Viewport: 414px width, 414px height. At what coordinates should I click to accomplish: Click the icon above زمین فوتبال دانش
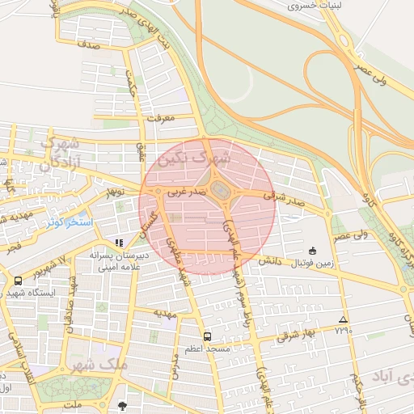point(313,251)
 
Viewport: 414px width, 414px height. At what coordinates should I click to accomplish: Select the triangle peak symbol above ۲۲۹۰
point(344,319)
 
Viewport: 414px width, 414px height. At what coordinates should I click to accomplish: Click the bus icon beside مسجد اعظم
point(208,336)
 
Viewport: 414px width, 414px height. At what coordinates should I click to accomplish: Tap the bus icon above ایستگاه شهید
point(18,281)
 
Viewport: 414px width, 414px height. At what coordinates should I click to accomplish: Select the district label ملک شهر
point(105,365)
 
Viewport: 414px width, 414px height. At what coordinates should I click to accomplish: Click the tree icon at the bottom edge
point(122,406)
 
